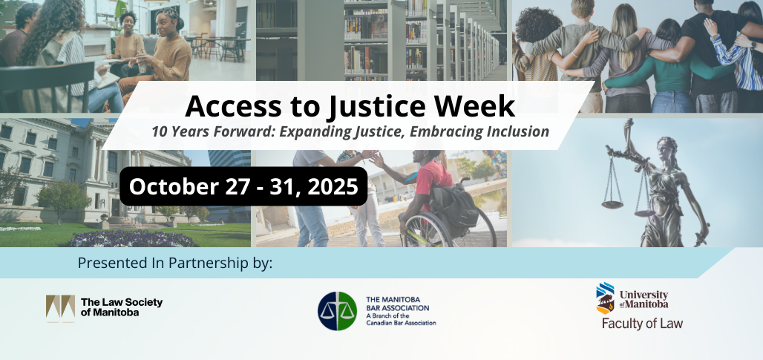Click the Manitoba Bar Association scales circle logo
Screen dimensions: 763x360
[337, 311]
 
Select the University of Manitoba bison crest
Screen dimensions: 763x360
[605, 298]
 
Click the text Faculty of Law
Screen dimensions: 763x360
[642, 324]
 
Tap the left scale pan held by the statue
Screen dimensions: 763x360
[612, 204]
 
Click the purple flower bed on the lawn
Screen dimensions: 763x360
[132, 239]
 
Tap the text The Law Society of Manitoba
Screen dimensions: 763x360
[122, 307]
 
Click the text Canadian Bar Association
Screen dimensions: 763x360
[401, 323]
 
